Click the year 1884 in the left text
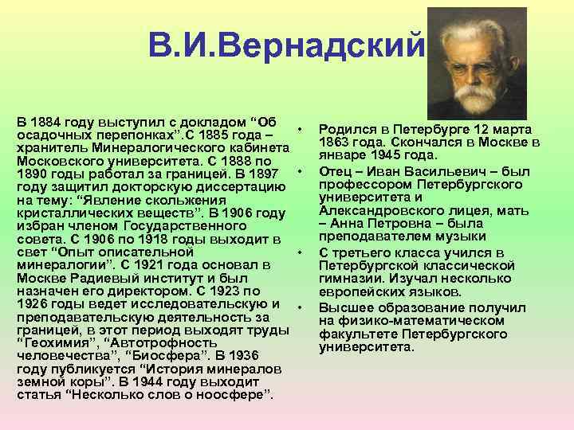47,123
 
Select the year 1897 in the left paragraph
267,174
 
